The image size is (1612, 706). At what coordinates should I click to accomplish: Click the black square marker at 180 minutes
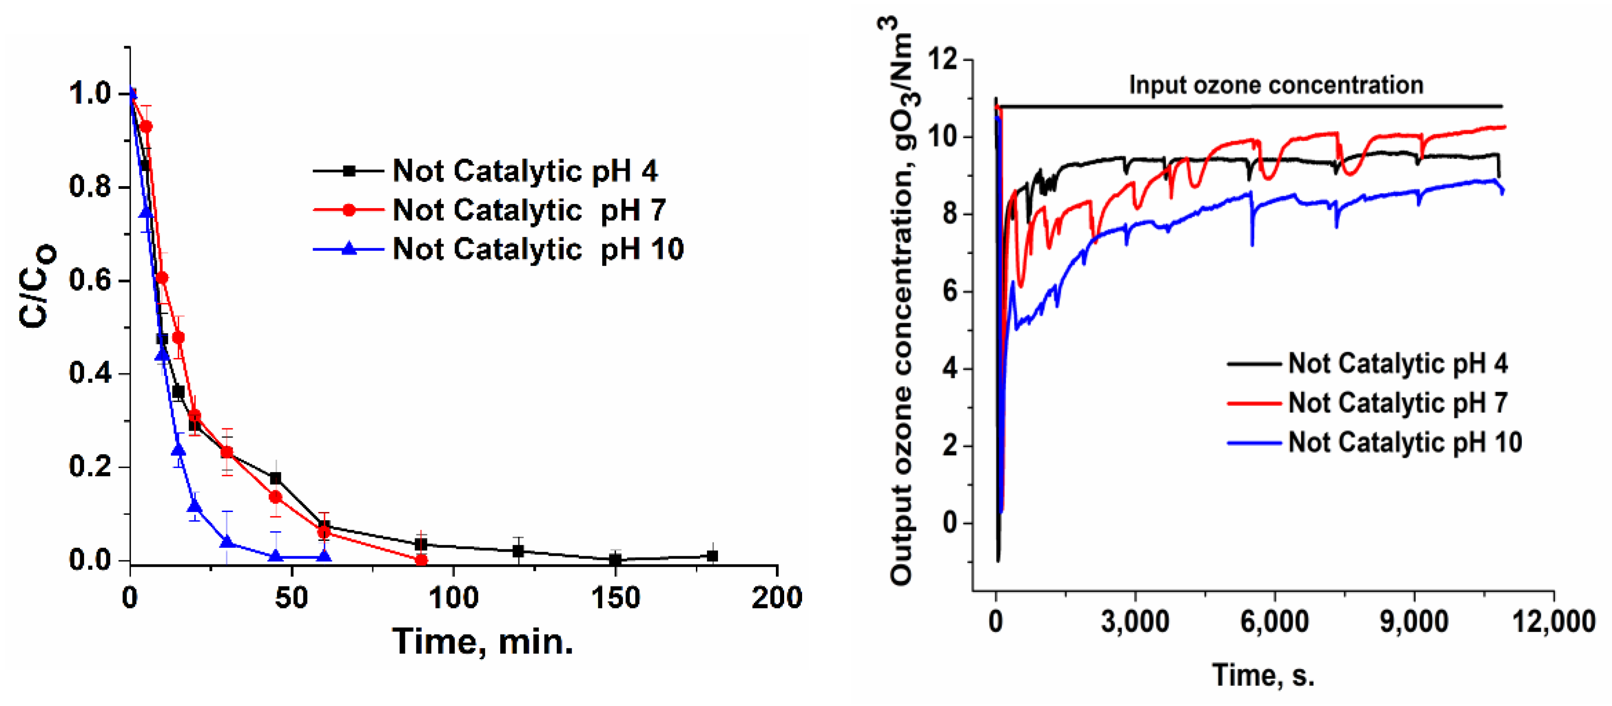712,556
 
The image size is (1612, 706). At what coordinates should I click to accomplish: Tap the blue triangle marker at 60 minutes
324,556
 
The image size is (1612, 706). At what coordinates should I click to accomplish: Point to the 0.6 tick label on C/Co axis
90,280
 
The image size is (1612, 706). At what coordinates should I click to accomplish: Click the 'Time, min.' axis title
483,642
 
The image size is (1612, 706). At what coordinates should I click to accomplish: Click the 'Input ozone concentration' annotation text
1276,85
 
